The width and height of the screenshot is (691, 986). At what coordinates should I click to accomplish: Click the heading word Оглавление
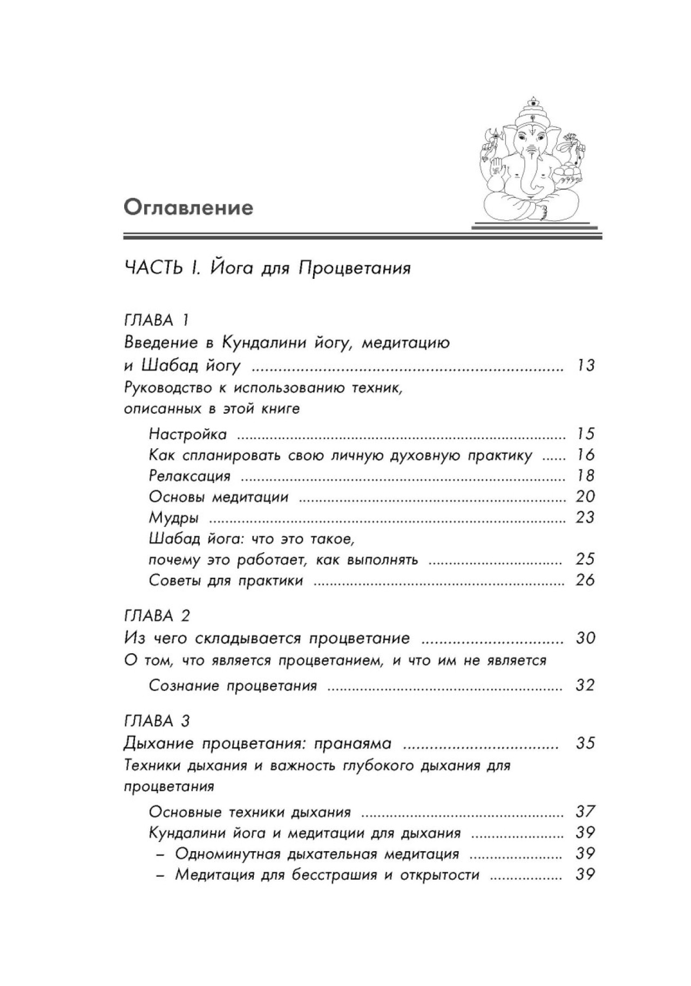click(x=188, y=208)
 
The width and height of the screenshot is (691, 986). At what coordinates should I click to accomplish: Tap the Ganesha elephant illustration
click(x=531, y=161)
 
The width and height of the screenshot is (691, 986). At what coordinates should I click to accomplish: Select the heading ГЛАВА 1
click(x=157, y=320)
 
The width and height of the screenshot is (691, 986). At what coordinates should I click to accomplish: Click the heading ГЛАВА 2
click(x=157, y=615)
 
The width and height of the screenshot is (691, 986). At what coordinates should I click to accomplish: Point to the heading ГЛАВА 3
click(x=157, y=721)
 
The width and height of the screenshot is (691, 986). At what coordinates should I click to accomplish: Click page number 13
click(x=585, y=366)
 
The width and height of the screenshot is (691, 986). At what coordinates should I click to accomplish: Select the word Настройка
click(x=188, y=434)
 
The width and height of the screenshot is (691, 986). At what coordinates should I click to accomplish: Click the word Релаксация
click(x=189, y=476)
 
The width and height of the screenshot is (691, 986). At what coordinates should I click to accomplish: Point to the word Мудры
click(x=174, y=518)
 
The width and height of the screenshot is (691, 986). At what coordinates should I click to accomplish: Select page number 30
click(x=585, y=638)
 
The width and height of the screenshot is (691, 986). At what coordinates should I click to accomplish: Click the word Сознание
click(x=185, y=686)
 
